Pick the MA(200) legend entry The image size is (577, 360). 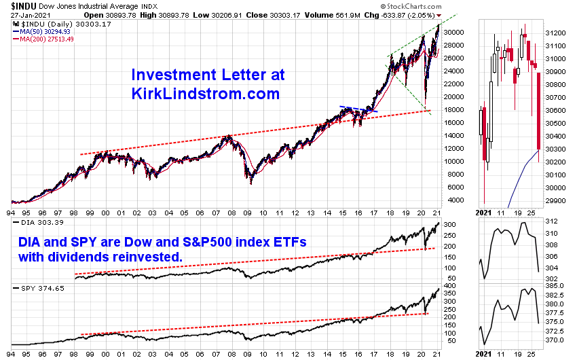[x=40, y=39]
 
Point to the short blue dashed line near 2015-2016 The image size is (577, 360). [x=358, y=109]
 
